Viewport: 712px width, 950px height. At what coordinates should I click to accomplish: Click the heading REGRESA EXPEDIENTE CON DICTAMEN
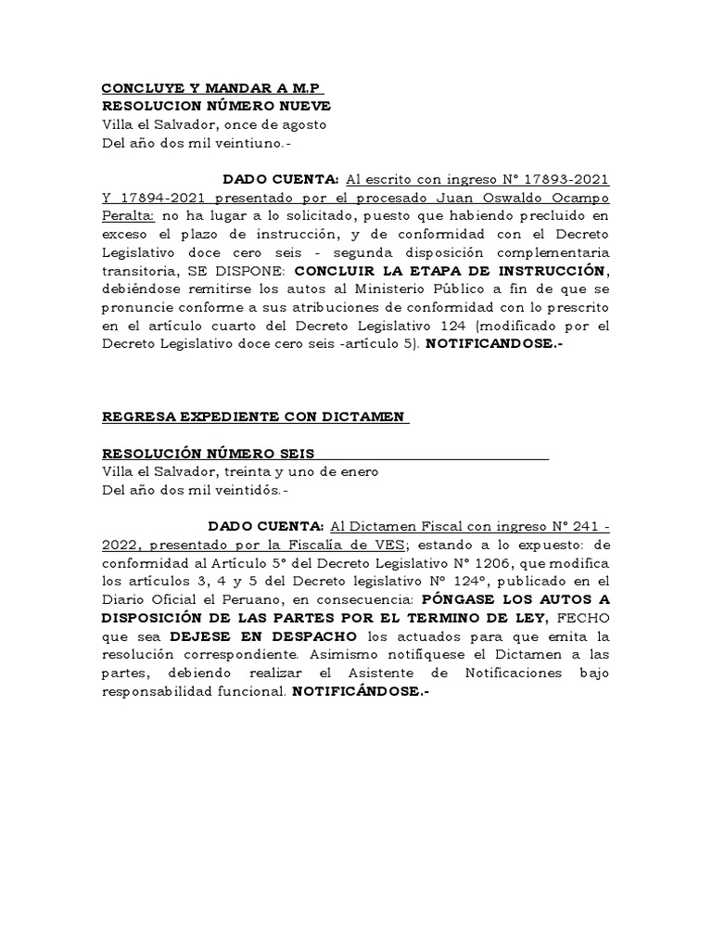click(254, 417)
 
